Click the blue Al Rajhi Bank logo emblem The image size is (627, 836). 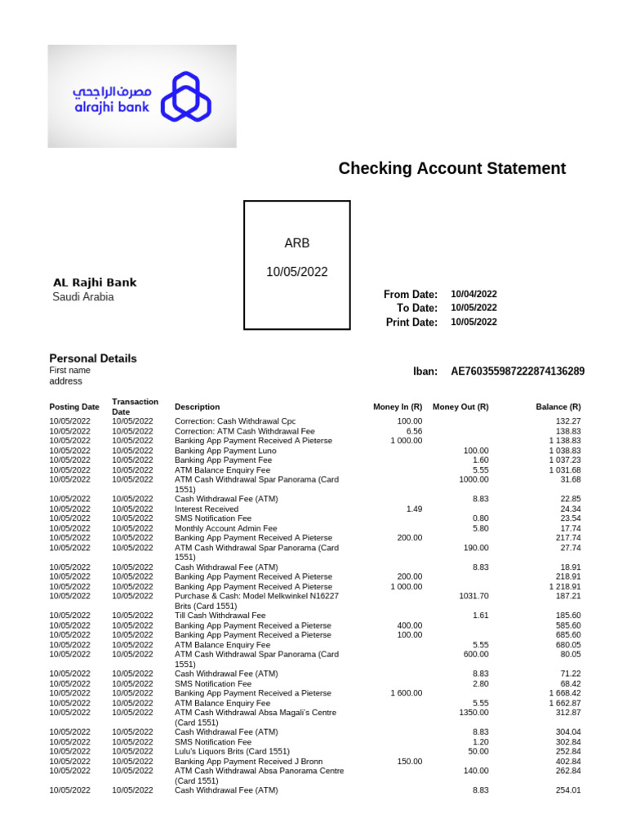(x=185, y=96)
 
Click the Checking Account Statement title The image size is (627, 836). (x=451, y=169)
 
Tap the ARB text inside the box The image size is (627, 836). (x=296, y=243)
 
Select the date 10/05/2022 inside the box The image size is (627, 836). (x=296, y=272)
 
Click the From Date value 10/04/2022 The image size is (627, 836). (x=474, y=294)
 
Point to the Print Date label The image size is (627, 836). (x=411, y=322)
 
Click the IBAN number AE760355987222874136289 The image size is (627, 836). (x=518, y=371)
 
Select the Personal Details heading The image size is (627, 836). (x=93, y=358)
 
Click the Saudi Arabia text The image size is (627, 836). (x=83, y=297)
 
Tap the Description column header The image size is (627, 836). (x=197, y=407)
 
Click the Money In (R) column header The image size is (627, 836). (x=398, y=407)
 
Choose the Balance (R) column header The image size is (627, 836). (x=558, y=407)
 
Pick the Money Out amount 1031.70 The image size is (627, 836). (x=473, y=596)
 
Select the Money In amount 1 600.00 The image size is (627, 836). (x=406, y=693)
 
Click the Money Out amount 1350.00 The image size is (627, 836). (x=473, y=713)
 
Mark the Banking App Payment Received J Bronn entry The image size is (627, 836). (x=248, y=761)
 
